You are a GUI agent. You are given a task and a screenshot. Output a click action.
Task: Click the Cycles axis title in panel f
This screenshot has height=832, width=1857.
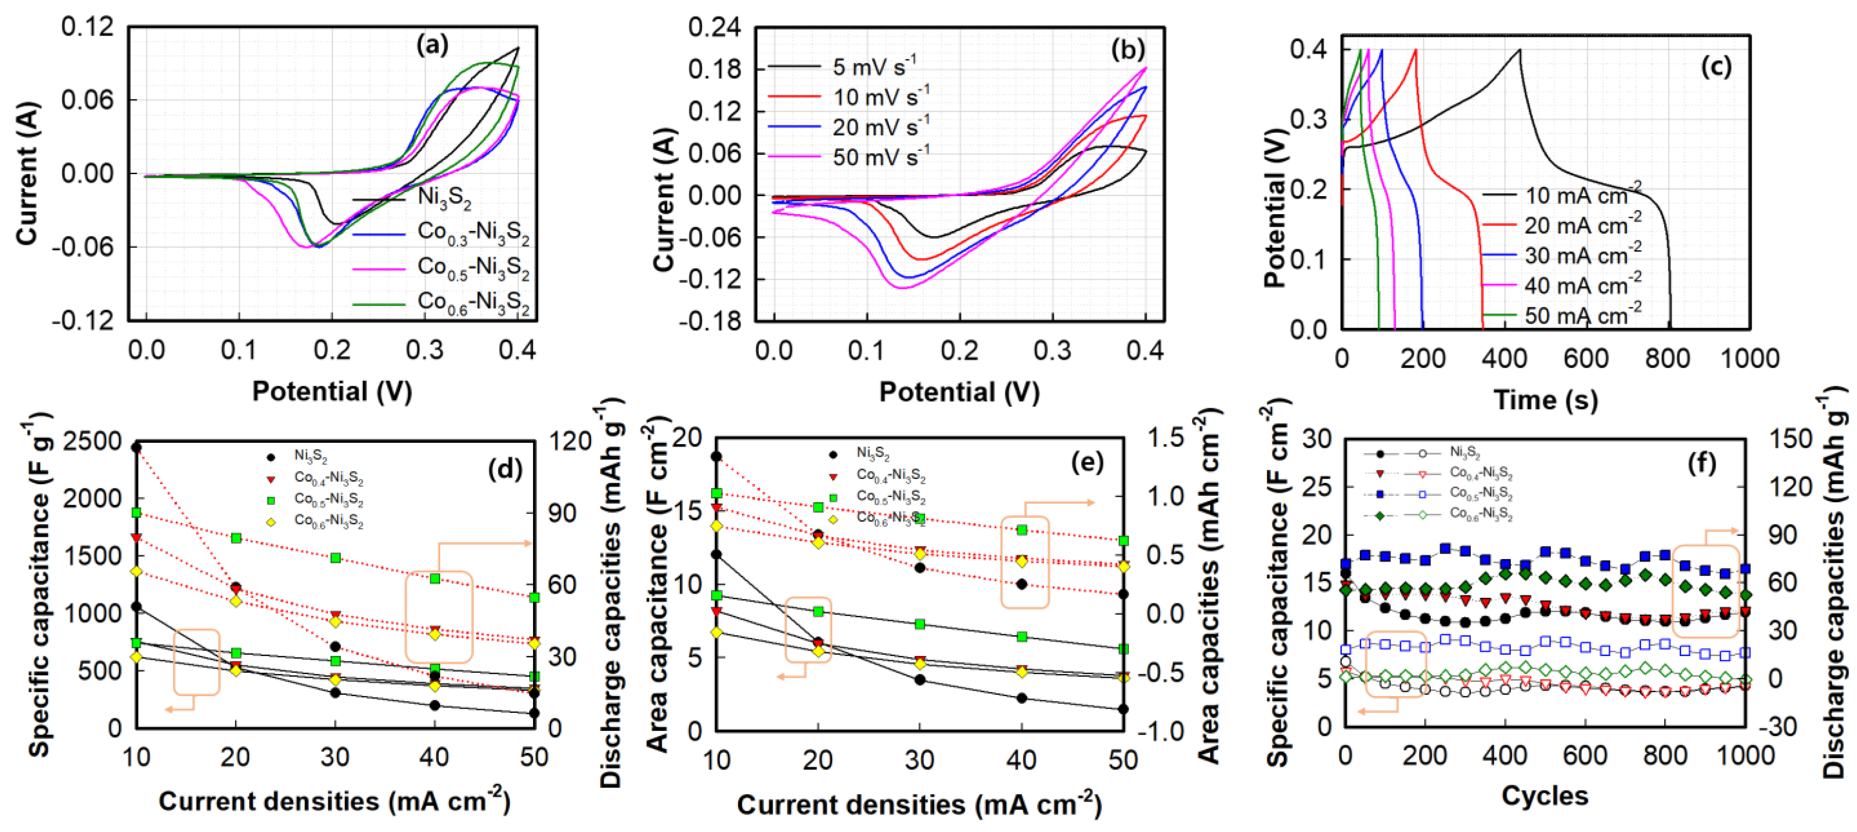[x=1544, y=796]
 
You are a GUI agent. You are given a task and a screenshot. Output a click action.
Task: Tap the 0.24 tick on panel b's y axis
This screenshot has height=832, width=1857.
[x=714, y=28]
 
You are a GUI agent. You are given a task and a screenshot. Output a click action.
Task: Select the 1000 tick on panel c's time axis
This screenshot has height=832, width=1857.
[x=1750, y=358]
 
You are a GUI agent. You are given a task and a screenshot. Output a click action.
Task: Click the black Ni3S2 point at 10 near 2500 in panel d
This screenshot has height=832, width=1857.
[x=136, y=448]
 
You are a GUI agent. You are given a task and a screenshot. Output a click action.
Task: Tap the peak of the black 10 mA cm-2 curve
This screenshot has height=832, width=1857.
[x=1520, y=50]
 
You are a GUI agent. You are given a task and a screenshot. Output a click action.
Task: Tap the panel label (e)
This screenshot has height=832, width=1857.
[x=1086, y=463]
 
